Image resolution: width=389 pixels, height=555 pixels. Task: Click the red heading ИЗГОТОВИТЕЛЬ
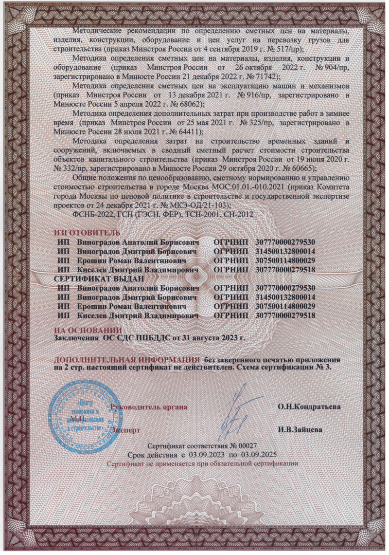point(86,233)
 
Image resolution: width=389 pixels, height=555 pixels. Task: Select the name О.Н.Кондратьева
point(309,406)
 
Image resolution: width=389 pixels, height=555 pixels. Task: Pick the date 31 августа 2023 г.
point(211,337)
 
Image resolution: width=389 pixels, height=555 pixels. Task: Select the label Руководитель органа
point(149,406)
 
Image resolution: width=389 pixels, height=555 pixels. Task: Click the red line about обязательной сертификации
point(202,464)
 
